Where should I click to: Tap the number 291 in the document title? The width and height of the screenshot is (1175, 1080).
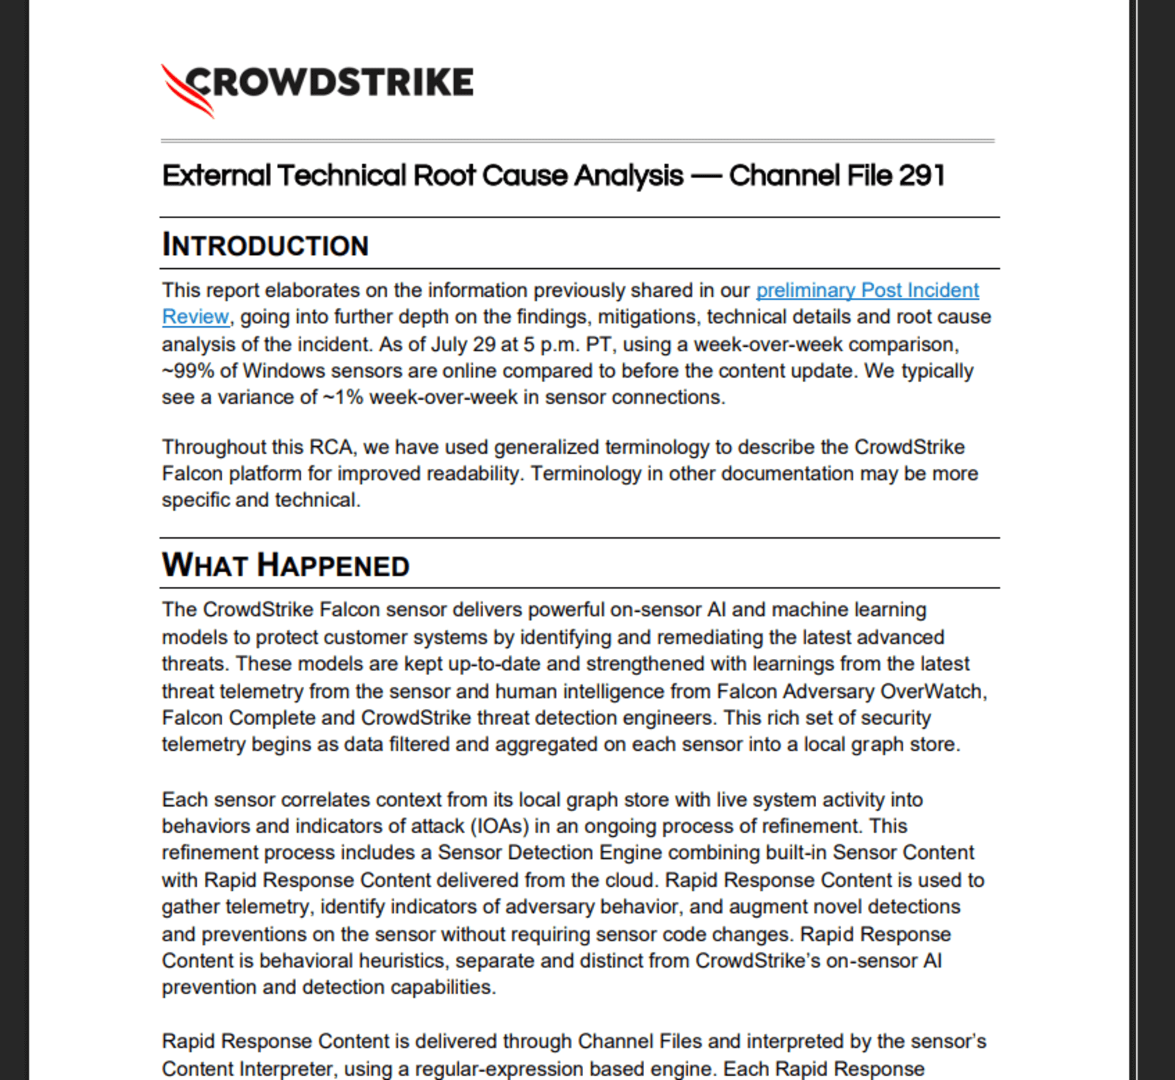pos(921,176)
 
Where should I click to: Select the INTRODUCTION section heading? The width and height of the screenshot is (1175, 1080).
pos(265,245)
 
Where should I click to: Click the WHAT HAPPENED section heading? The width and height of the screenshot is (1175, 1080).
pos(286,565)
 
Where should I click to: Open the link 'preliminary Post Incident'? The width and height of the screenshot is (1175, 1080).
pos(867,290)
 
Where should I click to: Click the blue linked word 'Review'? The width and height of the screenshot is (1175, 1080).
pos(195,317)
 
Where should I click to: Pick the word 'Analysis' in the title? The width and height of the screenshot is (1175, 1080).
pos(629,176)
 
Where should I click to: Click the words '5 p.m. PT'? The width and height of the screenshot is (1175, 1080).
pos(563,344)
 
